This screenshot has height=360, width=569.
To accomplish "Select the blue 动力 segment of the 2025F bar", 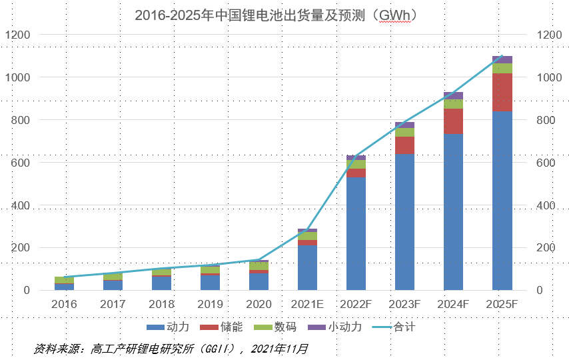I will [502, 200].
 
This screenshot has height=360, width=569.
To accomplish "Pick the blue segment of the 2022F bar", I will [356, 233].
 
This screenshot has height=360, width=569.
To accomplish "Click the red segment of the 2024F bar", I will [453, 121].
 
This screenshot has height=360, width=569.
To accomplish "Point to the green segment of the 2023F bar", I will [404, 132].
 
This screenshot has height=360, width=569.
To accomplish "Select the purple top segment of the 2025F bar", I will [502, 59].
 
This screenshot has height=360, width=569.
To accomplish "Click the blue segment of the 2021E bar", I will [307, 267].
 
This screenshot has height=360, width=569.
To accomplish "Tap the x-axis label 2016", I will [64, 305].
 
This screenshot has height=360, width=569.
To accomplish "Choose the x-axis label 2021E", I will [307, 305].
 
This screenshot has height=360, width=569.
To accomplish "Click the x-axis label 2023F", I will [404, 305].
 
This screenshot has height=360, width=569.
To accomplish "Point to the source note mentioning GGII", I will [171, 349].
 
